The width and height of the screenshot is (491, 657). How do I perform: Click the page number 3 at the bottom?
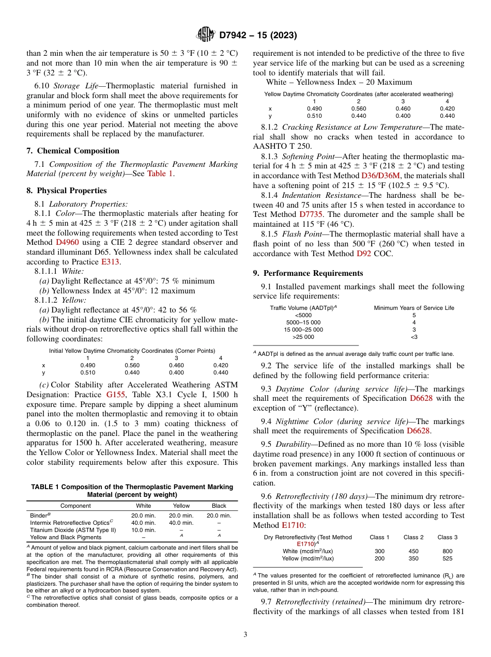pos(245,635)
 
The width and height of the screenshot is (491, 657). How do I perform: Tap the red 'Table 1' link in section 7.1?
pos(160,174)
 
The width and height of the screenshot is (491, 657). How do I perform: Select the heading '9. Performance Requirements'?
pos(308,273)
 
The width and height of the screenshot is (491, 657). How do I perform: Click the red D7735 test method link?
pos(313,214)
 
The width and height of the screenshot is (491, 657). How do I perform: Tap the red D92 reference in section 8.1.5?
pos(363,254)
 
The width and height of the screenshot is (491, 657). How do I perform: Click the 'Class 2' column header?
pos(413,537)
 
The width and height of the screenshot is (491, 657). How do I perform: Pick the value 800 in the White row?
pos(448,551)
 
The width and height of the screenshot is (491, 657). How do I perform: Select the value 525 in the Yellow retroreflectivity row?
pos(448,558)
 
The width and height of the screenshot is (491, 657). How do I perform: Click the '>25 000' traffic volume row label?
pos(303,337)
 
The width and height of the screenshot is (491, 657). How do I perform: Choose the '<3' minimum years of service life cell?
pos(413,337)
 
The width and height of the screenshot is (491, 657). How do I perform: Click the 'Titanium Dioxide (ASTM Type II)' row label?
pos(73,530)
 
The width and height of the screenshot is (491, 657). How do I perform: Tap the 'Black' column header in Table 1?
pos(219,506)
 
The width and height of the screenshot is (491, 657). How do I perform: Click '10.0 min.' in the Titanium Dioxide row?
pos(143,530)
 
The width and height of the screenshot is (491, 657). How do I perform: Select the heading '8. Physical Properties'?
pos(66,191)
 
